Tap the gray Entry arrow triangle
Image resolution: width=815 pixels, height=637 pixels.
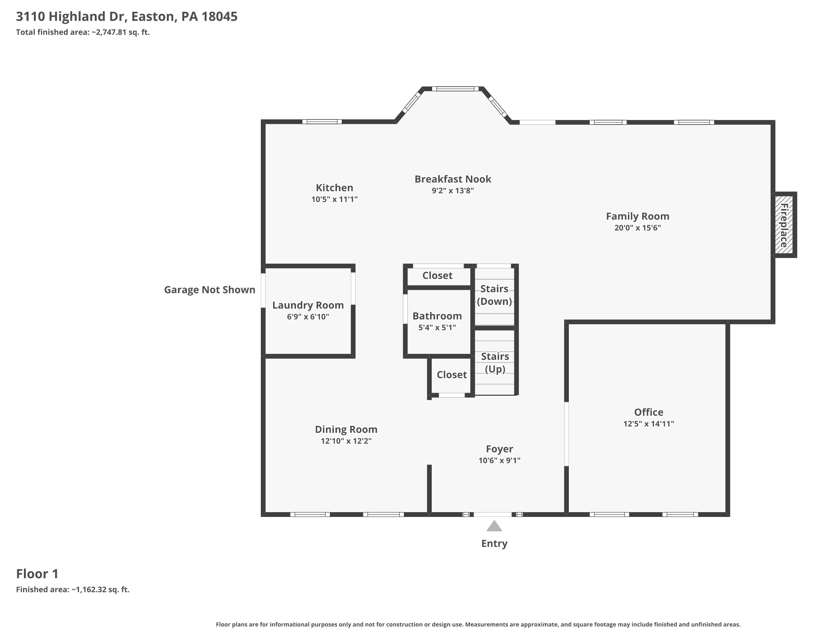pos(494,526)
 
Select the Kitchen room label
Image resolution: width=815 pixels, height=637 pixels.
pos(334,188)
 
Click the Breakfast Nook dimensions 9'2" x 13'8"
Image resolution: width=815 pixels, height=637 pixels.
pos(453,190)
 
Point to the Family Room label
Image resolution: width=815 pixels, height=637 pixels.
pos(638,216)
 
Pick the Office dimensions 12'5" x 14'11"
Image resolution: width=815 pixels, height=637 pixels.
pos(649,424)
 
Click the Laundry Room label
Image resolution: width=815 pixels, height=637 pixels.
pos(308,305)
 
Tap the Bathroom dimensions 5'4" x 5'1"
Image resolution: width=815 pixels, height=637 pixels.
pos(437,327)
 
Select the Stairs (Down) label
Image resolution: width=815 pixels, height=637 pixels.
pos(494,295)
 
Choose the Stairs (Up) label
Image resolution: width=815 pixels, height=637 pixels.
pos(495,362)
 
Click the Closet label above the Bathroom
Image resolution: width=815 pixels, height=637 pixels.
pos(437,275)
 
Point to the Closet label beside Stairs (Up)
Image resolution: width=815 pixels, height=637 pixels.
pos(452,375)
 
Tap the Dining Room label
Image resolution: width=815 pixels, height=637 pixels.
pos(346,429)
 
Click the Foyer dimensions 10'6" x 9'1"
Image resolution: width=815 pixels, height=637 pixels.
pos(500,460)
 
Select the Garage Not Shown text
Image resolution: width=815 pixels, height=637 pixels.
pos(210,290)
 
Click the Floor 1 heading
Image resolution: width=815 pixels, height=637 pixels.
pos(37,574)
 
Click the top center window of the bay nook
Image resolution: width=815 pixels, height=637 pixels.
pos(455,89)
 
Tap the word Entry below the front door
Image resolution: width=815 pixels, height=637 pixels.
pos(494,543)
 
